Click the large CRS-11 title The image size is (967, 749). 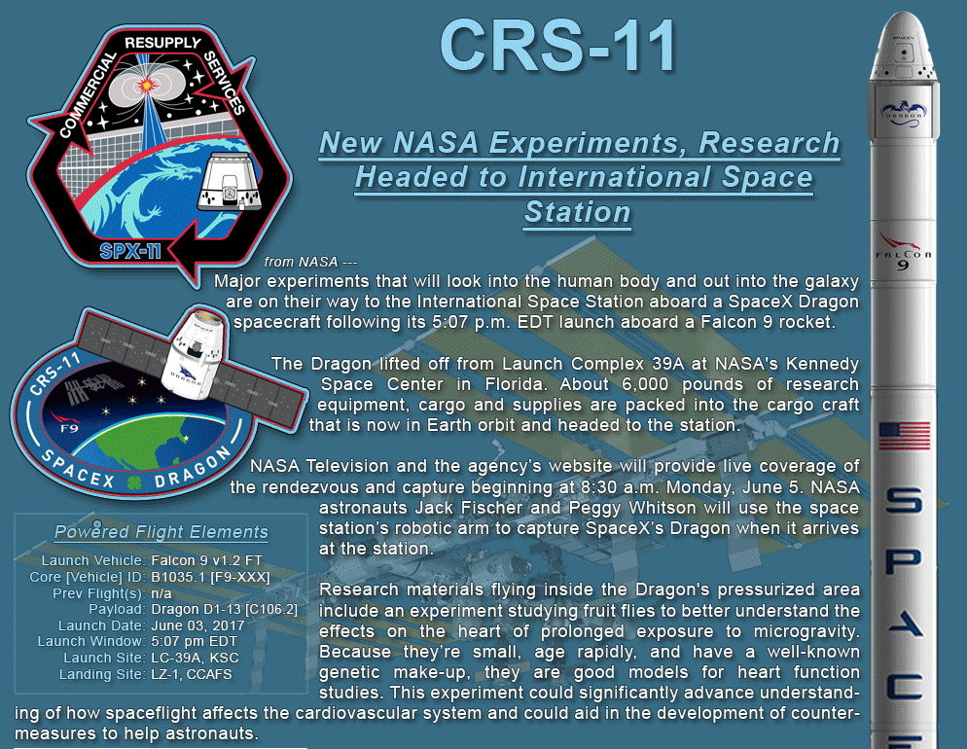[558, 46]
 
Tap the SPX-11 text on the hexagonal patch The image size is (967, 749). [130, 251]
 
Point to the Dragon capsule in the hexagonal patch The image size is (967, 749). [230, 182]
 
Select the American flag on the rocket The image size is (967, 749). [905, 436]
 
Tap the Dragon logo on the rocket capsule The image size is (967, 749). [904, 114]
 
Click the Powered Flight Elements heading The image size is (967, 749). [161, 532]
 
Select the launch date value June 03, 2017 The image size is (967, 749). [197, 625]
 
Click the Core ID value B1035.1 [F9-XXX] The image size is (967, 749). [210, 577]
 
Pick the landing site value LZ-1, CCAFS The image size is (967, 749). [192, 674]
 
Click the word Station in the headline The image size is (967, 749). [577, 213]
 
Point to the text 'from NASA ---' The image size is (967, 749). [311, 262]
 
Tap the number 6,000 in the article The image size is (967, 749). [645, 384]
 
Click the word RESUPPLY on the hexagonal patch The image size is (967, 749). [162, 43]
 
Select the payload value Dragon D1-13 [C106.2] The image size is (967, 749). [225, 609]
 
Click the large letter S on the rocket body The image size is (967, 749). [905, 500]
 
